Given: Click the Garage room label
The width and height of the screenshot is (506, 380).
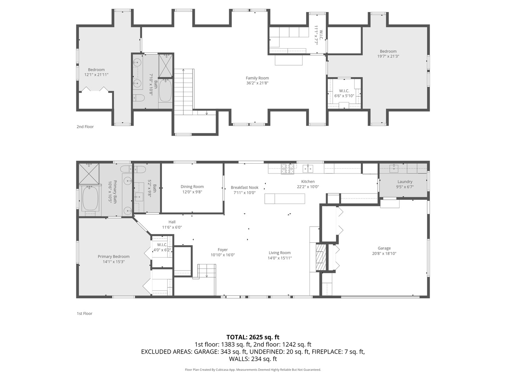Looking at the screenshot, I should (x=384, y=248).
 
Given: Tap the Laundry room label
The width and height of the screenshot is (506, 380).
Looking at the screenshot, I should (x=405, y=182).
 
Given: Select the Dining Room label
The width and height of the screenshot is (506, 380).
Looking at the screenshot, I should (x=192, y=187).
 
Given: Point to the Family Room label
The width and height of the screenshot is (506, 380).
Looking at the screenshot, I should (x=257, y=78).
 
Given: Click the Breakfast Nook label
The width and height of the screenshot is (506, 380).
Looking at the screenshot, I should (x=244, y=188).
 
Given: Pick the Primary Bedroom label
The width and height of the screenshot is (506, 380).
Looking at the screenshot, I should (x=113, y=256).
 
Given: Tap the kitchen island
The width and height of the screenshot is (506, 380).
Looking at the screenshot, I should (x=285, y=199).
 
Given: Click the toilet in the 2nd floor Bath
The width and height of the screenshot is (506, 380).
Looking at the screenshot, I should (x=139, y=98).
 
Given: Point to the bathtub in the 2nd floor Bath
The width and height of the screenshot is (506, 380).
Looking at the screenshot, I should (x=165, y=90).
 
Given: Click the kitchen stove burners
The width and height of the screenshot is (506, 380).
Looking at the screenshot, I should (x=287, y=169).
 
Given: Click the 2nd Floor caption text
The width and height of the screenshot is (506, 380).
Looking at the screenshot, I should (x=85, y=127).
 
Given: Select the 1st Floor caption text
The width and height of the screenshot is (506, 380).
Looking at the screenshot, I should (x=84, y=313).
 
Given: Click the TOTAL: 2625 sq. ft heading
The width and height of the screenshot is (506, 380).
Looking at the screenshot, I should (x=253, y=337).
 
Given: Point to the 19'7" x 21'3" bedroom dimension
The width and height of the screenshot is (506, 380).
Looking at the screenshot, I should (x=388, y=56).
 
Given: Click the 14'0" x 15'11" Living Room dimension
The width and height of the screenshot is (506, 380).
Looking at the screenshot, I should (x=279, y=258).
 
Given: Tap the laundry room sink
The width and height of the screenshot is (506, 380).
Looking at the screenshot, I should (x=394, y=168).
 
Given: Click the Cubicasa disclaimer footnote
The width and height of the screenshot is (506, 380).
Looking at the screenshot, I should (x=253, y=370).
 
